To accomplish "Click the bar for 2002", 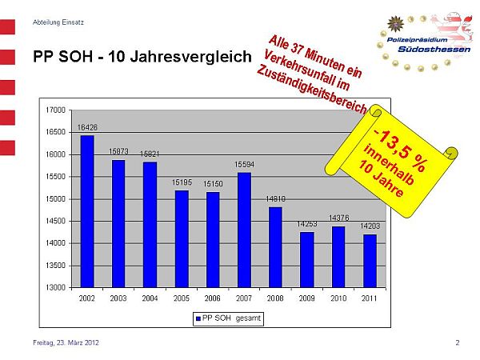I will point(87,211).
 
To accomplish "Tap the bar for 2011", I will point(369,261).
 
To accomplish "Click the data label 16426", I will point(87,127).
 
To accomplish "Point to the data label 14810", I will point(275,198).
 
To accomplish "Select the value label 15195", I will point(182,182).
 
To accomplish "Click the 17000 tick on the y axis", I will point(56,110).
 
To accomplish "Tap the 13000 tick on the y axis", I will point(56,287).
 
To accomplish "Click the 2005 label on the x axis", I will point(182,298).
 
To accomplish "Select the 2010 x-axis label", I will point(338,298).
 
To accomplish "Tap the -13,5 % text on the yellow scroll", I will point(399,145).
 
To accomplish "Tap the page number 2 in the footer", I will point(458,343).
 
